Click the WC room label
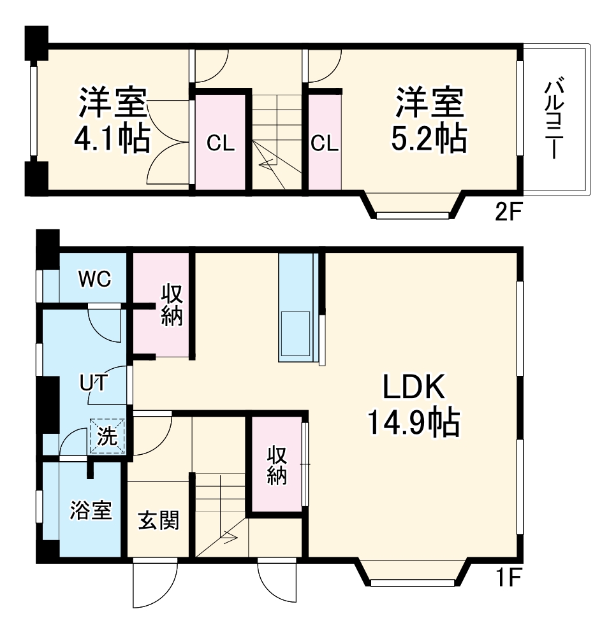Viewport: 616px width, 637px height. tap(95, 278)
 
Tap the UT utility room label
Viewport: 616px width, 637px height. tap(93, 383)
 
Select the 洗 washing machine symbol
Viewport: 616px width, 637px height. tap(108, 436)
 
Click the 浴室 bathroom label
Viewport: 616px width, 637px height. tap(91, 510)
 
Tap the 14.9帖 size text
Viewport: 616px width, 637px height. tap(413, 422)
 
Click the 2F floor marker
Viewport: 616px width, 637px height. tap(508, 212)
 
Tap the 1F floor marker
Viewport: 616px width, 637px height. tap(508, 579)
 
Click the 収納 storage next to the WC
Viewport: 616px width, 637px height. tap(172, 304)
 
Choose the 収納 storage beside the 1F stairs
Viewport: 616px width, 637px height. tap(276, 464)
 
